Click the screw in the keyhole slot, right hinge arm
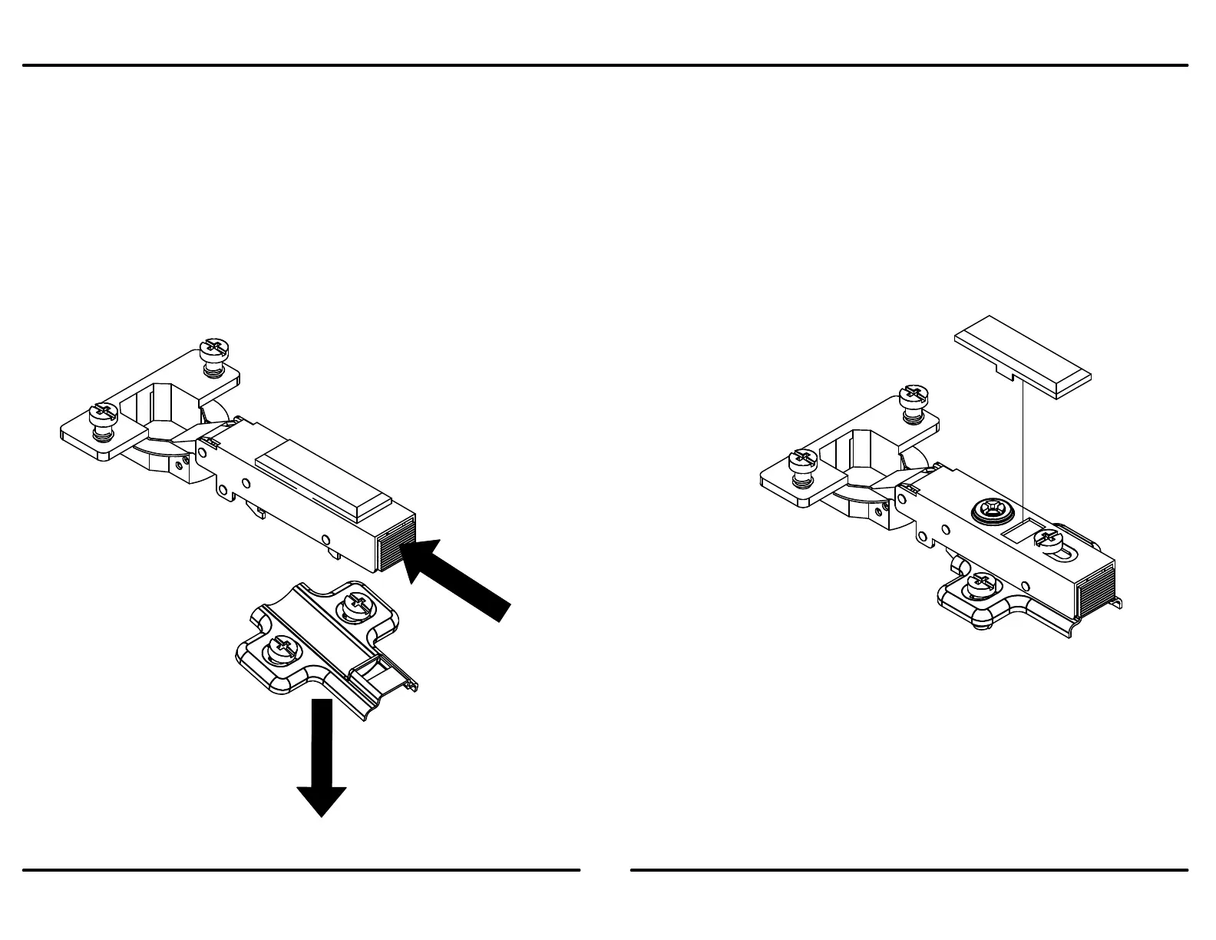1047,539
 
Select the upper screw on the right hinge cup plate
911,399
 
